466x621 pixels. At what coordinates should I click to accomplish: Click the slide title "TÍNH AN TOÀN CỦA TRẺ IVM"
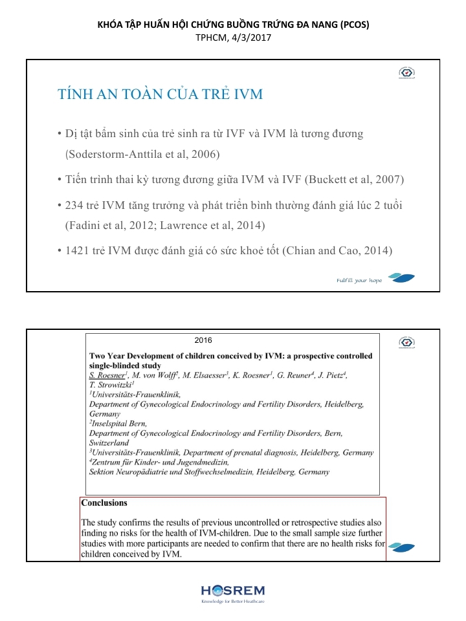point(160,94)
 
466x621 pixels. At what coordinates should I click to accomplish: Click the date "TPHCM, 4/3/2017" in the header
point(233,38)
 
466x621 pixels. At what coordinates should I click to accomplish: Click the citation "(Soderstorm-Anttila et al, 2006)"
point(143,155)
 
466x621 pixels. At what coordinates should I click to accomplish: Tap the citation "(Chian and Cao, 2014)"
point(337,250)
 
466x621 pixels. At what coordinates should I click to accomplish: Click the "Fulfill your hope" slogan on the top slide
point(359,280)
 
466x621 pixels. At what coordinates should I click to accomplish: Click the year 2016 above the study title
point(203,340)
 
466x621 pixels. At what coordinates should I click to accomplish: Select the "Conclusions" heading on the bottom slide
point(104,503)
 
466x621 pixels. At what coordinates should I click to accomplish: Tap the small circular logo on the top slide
point(406,74)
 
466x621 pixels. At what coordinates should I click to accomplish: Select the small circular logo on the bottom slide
point(406,342)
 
